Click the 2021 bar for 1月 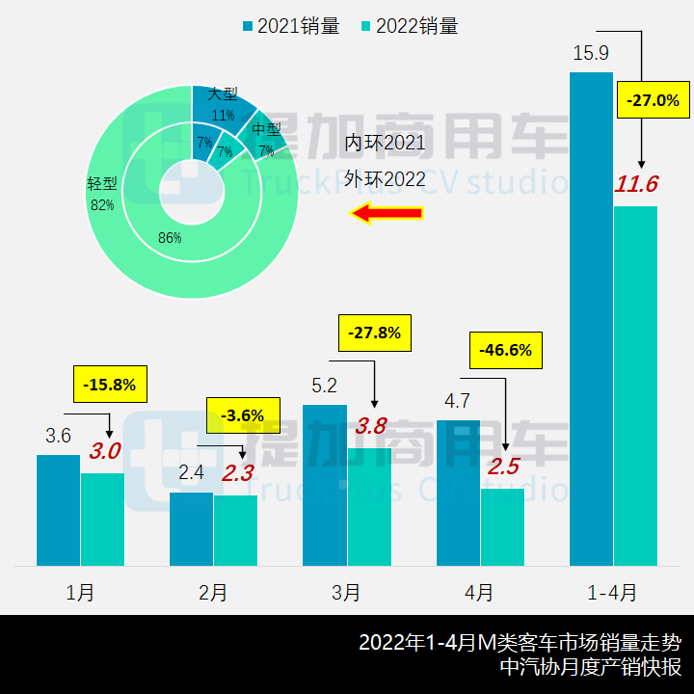click(x=58, y=510)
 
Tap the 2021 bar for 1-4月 click(x=591, y=318)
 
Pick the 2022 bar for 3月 click(x=369, y=506)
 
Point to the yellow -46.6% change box click(x=506, y=350)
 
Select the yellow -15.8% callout click(x=110, y=386)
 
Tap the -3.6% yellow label click(x=242, y=415)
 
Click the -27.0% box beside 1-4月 click(x=653, y=100)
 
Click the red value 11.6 click(x=636, y=184)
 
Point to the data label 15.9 click(x=590, y=53)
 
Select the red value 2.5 click(x=503, y=467)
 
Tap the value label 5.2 click(x=325, y=386)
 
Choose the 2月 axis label click(x=213, y=592)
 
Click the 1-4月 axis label click(x=613, y=592)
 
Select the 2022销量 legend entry click(x=409, y=26)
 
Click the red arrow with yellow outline click(x=386, y=214)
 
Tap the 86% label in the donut click(x=170, y=238)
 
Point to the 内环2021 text click(x=385, y=144)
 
